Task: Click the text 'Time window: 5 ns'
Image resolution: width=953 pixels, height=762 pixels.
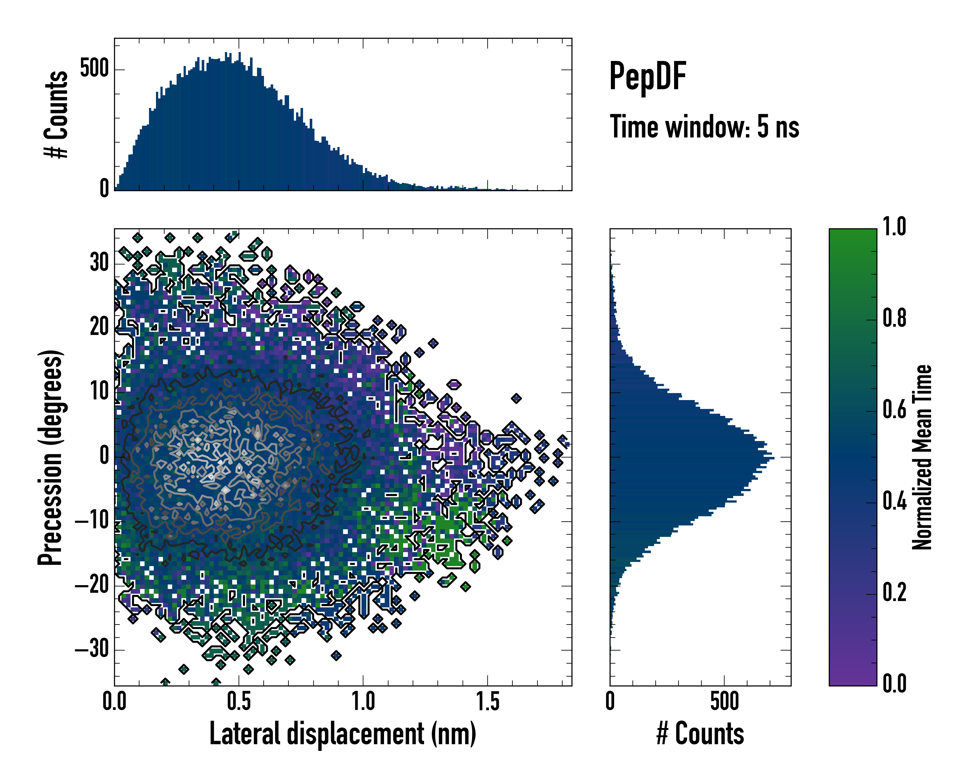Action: tap(704, 127)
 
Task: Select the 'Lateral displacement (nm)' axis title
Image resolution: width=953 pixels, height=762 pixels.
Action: tap(342, 734)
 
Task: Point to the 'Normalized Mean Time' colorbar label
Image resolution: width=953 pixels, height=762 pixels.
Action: tap(922, 457)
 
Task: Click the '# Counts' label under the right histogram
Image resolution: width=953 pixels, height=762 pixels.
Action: tap(700, 734)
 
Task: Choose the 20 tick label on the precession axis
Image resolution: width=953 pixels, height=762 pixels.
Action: tap(99, 327)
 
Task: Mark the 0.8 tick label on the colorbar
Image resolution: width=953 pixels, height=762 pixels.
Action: tap(894, 318)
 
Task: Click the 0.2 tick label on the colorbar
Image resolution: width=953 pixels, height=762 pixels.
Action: tap(894, 592)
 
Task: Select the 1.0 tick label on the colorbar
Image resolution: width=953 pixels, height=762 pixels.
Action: tap(894, 227)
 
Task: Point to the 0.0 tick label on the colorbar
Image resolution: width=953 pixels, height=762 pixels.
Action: tap(894, 683)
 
